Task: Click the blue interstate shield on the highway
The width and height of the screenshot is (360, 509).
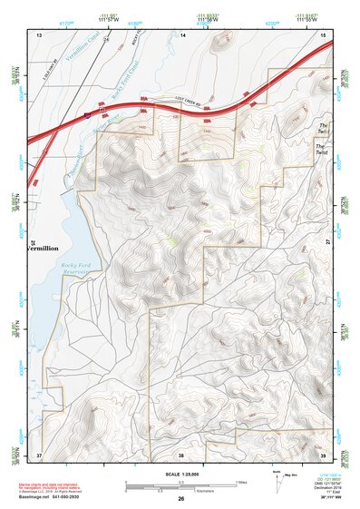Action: tap(87, 115)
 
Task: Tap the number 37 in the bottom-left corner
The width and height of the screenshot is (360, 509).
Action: tap(39, 455)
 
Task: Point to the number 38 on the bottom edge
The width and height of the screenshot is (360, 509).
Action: tap(181, 455)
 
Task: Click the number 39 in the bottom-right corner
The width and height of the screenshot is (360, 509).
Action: tap(323, 455)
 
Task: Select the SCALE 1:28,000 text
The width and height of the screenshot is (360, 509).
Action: tap(181, 474)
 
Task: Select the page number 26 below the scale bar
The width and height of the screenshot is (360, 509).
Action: tap(181, 499)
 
